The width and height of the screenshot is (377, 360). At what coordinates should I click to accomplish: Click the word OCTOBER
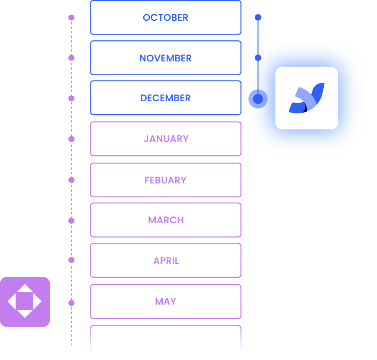tap(165, 18)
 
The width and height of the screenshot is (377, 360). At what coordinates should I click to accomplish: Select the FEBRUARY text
tap(165, 180)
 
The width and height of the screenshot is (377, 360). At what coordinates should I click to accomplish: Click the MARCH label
tap(166, 220)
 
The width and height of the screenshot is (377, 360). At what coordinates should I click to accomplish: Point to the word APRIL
tap(166, 260)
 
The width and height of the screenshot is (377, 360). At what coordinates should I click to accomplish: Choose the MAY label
tap(166, 301)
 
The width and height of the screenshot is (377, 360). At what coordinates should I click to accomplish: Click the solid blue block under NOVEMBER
tap(165, 98)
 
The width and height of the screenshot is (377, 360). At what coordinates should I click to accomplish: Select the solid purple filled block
tap(165, 138)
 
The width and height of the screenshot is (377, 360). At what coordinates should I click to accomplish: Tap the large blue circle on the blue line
tap(258, 99)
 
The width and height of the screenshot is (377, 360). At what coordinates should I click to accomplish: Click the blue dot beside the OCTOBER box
tap(258, 17)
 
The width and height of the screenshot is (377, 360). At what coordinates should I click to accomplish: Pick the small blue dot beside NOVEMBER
tap(258, 58)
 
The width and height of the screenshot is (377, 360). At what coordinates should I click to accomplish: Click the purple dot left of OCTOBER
tap(71, 18)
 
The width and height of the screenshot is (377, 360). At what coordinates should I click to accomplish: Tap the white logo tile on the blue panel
tap(306, 98)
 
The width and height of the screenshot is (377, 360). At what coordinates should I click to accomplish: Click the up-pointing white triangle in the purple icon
tap(25, 289)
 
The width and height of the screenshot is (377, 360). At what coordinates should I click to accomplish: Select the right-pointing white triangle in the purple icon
tap(37, 302)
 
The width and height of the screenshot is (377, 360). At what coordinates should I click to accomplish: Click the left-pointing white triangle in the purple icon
tap(12, 302)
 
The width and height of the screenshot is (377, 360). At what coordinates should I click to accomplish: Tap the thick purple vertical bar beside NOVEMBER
tap(71, 106)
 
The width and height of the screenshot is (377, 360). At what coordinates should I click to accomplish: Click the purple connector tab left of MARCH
tap(81, 215)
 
